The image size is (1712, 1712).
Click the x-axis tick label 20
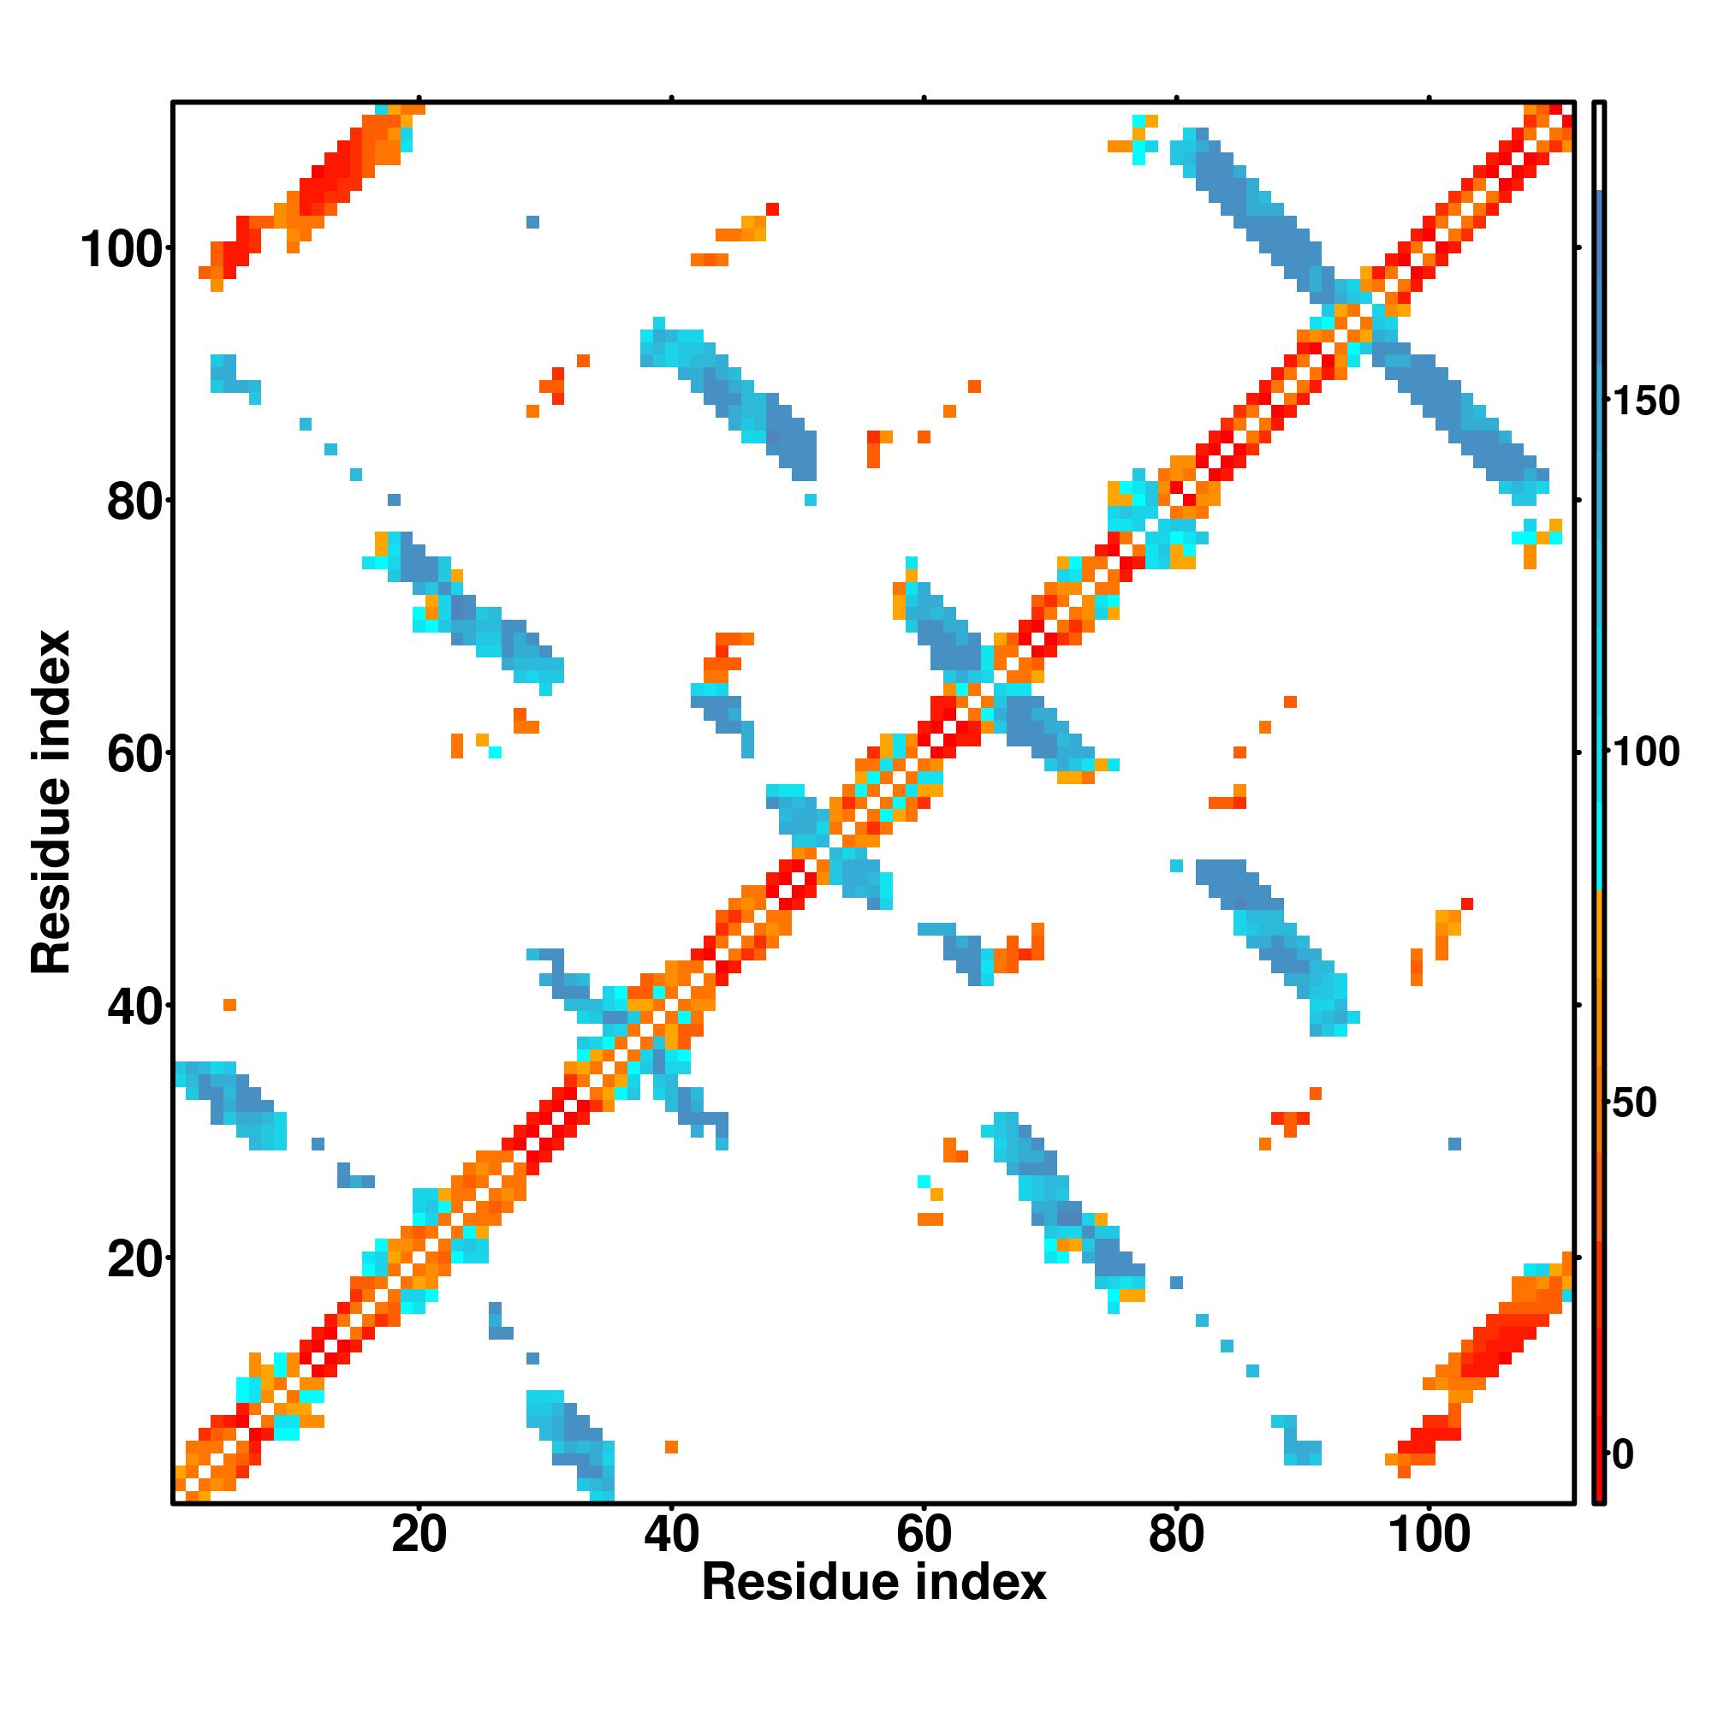(x=419, y=1533)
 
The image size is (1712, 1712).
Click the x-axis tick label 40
(x=671, y=1533)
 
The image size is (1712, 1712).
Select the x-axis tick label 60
(x=924, y=1533)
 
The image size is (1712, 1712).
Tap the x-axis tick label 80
(x=1176, y=1533)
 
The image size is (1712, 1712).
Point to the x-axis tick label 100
(x=1429, y=1533)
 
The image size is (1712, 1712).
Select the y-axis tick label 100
(x=124, y=249)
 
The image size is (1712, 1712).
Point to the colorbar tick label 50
(x=1635, y=1103)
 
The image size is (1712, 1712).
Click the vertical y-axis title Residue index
(x=51, y=802)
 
